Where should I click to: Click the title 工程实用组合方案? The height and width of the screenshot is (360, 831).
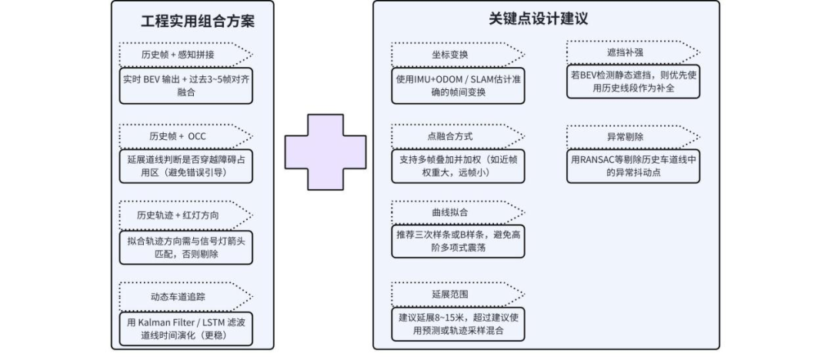point(198,21)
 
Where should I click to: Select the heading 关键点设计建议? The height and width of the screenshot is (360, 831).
point(539,19)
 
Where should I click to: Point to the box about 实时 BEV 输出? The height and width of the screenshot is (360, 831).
point(185,85)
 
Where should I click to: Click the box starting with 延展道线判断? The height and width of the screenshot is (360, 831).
point(185,166)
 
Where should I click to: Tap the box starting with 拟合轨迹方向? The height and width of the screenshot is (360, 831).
point(185,247)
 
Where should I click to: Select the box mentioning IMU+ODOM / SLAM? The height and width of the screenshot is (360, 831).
point(458,86)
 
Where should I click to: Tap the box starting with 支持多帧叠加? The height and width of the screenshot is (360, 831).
point(458,166)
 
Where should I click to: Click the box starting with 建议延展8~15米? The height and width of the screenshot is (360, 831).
point(458,324)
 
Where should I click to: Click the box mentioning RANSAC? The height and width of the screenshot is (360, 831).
point(633,166)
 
